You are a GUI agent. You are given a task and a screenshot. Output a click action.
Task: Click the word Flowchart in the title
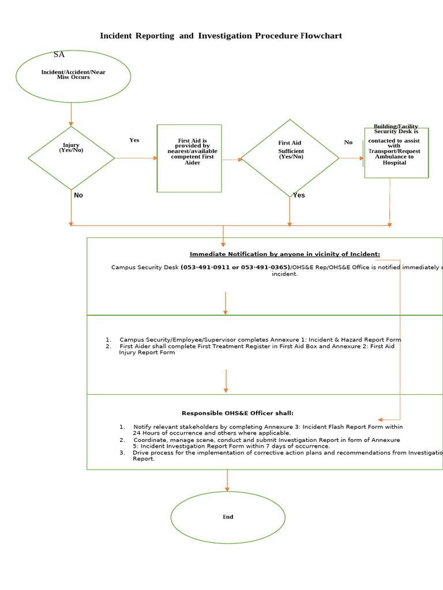pyautogui.click(x=321, y=36)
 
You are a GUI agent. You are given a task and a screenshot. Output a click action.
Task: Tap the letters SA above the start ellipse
pyautogui.click(x=59, y=55)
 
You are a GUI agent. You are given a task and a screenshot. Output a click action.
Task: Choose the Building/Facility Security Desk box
pyautogui.click(x=396, y=153)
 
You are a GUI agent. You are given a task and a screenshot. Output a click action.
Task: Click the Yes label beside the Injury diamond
pyautogui.click(x=134, y=140)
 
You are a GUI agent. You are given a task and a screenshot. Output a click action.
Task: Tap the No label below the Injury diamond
pyautogui.click(x=78, y=195)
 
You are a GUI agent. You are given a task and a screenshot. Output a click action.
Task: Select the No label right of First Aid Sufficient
pyautogui.click(x=348, y=142)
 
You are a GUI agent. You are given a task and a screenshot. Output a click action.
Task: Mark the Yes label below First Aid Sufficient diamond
pyautogui.click(x=299, y=195)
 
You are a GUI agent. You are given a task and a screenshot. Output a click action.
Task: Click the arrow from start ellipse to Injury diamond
pyautogui.click(x=71, y=114)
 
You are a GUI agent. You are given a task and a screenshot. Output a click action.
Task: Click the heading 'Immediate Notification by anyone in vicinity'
pyautogui.click(x=285, y=254)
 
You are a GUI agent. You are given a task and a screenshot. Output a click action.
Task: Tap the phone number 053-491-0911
pyautogui.click(x=206, y=267)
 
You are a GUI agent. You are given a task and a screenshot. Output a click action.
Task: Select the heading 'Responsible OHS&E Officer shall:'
pyautogui.click(x=238, y=413)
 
